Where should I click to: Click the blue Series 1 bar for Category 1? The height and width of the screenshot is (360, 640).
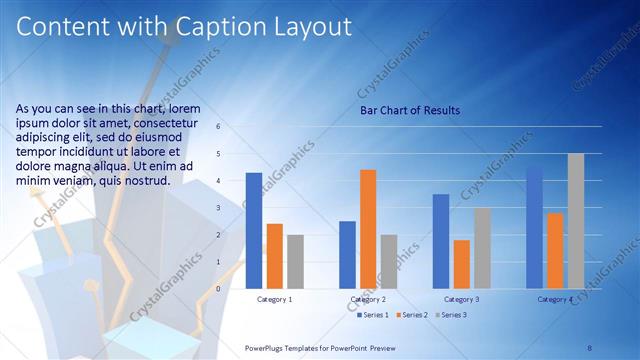coord(254,231)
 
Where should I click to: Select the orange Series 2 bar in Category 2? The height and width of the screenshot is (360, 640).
coord(368,229)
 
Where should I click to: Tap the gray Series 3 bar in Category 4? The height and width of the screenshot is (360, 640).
coord(575,221)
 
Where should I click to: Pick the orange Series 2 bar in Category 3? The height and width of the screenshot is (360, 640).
coord(462,264)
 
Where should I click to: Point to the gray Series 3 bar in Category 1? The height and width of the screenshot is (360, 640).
coord(295,262)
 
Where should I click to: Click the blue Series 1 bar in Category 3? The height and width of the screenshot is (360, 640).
coord(441,241)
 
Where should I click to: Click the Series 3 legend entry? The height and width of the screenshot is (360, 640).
coord(451,315)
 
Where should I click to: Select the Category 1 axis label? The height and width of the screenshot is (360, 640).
coord(275,299)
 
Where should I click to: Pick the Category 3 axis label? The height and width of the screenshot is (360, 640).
coord(461,299)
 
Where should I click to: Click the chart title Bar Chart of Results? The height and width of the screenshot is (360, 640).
coord(409,110)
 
